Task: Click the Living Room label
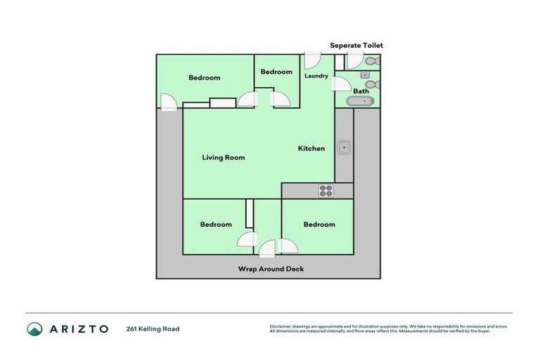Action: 224,157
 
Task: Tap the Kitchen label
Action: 311,148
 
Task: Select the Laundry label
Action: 316,76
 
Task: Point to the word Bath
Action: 361,91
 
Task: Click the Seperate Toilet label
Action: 356,46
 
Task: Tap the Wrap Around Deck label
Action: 271,269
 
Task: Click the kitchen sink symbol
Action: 344,148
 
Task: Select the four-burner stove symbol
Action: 326,190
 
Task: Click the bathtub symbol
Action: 361,101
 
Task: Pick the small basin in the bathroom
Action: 365,74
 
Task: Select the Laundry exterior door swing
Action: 312,61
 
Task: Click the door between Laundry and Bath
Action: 341,84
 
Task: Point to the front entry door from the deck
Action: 268,248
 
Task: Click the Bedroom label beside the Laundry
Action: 276,72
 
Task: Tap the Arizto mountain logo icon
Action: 34,329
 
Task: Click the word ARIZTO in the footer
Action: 78,329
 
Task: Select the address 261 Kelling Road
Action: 153,329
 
